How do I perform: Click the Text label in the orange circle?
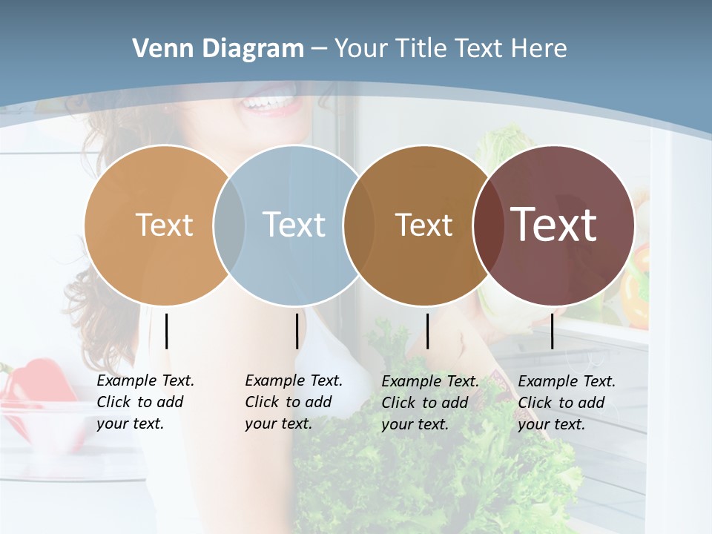click(164, 225)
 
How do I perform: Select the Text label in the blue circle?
click(294, 225)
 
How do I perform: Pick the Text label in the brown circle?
click(423, 225)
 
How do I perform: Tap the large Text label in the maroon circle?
click(554, 225)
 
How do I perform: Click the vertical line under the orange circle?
click(166, 331)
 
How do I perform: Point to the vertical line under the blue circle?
click(297, 331)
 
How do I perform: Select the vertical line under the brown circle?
click(427, 331)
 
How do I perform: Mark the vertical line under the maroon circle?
click(552, 331)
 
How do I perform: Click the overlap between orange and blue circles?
click(229, 225)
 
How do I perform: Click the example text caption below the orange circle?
click(145, 402)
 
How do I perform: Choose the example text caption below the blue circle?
click(293, 402)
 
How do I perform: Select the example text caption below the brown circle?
click(429, 403)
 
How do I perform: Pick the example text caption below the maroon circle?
click(566, 403)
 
